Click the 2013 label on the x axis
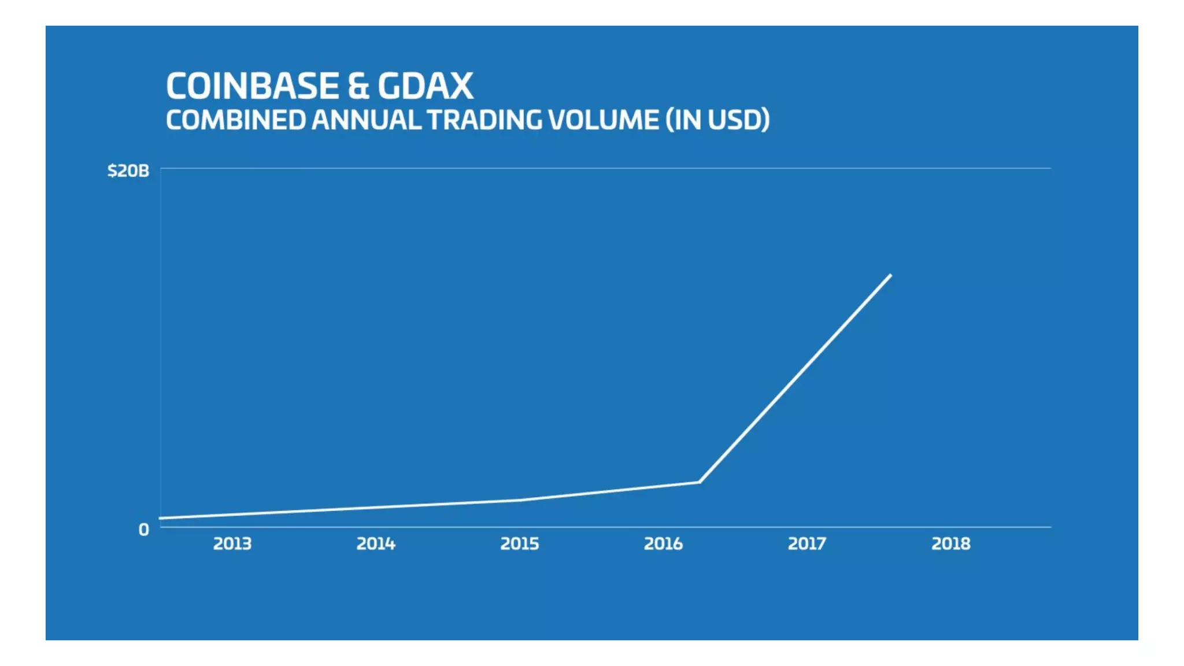232,543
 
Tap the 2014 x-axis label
376,543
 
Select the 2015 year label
519,543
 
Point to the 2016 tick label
663,543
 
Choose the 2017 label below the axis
806,543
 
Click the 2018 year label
950,543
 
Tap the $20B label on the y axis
128,171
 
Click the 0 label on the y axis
143,529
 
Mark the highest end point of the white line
890,275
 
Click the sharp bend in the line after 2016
699,482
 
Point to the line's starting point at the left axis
161,518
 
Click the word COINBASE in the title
252,86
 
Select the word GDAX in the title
425,86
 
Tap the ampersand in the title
358,87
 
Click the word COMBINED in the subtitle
235,120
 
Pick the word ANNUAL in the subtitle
366,120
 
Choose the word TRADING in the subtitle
484,120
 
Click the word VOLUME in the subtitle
603,120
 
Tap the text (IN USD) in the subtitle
717,120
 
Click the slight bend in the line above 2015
520,500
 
